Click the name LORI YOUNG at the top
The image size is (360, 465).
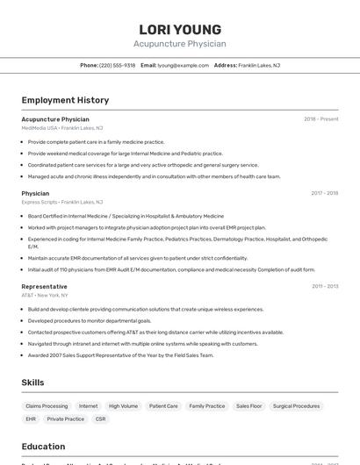click(179, 29)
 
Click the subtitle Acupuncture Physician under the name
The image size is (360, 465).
click(179, 44)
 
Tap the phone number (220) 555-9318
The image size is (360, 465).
click(117, 65)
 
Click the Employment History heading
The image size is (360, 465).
click(65, 100)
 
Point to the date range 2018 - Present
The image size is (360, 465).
click(320, 118)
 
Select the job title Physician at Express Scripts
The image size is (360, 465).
click(35, 193)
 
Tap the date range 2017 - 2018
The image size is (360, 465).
click(324, 193)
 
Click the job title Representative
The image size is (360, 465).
click(44, 286)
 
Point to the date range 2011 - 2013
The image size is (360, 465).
click(325, 286)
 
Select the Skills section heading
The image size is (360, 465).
click(32, 383)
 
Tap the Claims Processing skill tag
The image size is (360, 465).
click(47, 406)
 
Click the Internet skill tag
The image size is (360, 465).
click(89, 406)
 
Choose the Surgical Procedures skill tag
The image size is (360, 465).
click(296, 406)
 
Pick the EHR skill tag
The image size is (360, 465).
click(31, 419)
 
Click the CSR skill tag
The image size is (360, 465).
click(101, 419)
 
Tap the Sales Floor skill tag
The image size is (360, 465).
click(249, 406)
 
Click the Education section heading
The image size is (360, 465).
click(43, 446)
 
